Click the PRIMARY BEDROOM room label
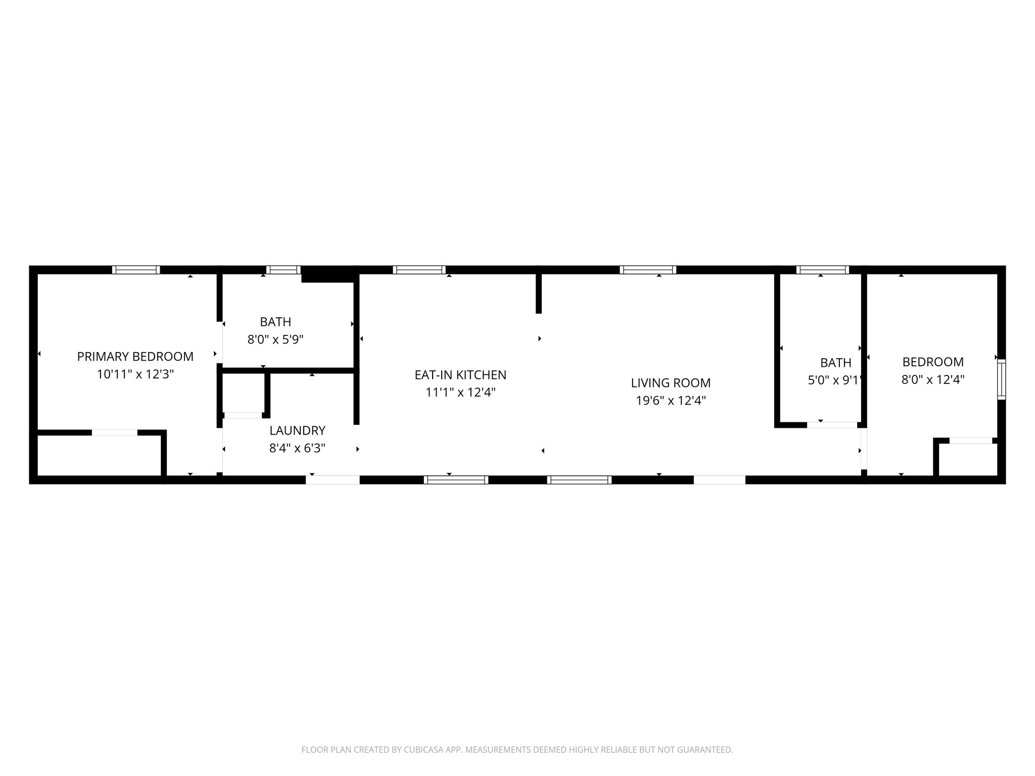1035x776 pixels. (x=135, y=357)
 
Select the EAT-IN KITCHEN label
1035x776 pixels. (x=460, y=375)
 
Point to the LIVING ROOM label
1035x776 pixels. (x=671, y=383)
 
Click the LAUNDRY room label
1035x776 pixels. (x=297, y=430)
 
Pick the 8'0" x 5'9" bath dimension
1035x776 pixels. (x=275, y=339)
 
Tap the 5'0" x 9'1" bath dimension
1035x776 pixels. (x=835, y=380)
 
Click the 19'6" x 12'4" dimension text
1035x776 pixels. (x=671, y=401)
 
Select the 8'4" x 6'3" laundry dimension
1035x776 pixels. (x=297, y=448)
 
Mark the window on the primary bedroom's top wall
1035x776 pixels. (x=136, y=270)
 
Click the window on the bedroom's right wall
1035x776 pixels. (x=1001, y=379)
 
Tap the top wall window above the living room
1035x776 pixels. (x=648, y=270)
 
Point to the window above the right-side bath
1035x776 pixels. (x=823, y=270)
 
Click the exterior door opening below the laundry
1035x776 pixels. (x=333, y=480)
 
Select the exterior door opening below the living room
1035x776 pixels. (x=719, y=480)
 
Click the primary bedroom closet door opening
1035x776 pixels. (x=114, y=432)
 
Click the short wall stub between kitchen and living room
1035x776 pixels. (x=539, y=294)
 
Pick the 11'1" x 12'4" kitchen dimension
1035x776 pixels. (x=460, y=393)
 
